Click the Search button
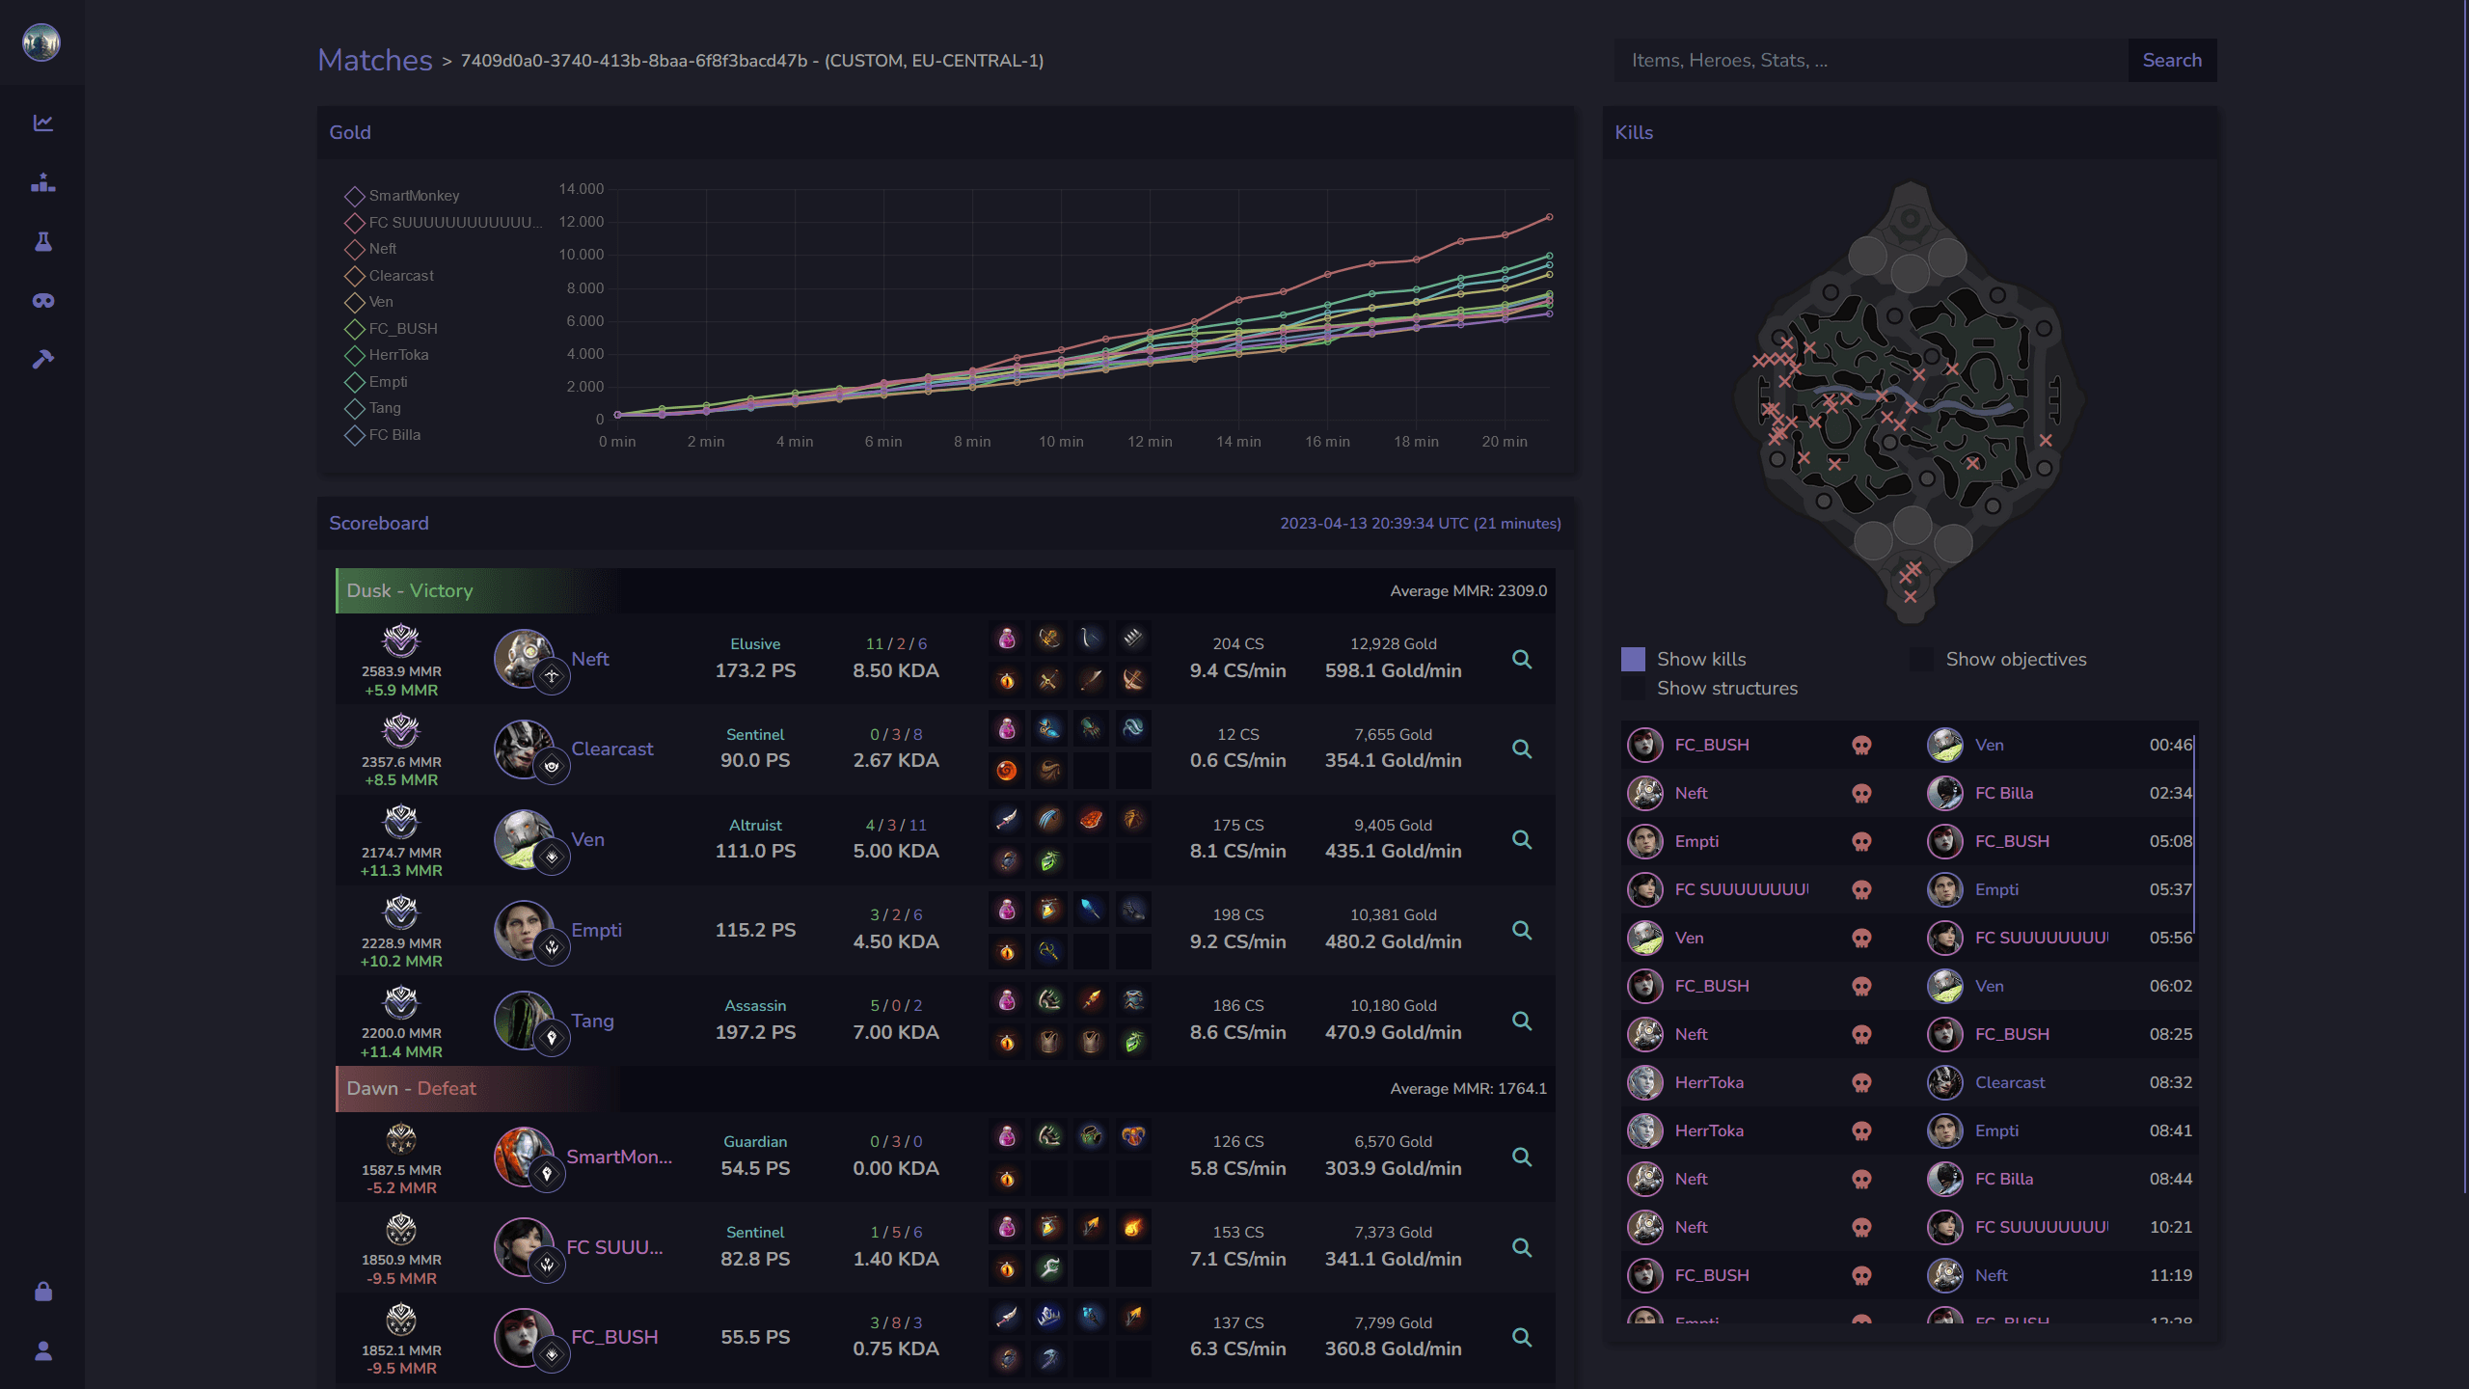pyautogui.click(x=2171, y=60)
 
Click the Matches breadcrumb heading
pyautogui.click(x=375, y=60)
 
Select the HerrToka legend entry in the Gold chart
pyautogui.click(x=397, y=355)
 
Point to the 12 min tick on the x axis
pyautogui.click(x=1150, y=442)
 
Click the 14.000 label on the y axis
pyautogui.click(x=581, y=189)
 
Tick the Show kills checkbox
pyautogui.click(x=1633, y=659)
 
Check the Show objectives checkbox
pyautogui.click(x=1921, y=659)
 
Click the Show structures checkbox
pyautogui.click(x=1633, y=688)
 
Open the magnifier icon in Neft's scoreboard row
pyautogui.click(x=1522, y=659)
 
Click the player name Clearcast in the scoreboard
pyautogui.click(x=611, y=749)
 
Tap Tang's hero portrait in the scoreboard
pyautogui.click(x=524, y=1021)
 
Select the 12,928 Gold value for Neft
pyautogui.click(x=1393, y=643)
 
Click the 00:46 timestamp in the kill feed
pyautogui.click(x=2170, y=745)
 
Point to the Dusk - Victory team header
pyautogui.click(x=410, y=590)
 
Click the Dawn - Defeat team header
pyautogui.click(x=412, y=1088)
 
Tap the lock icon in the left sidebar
pyautogui.click(x=43, y=1292)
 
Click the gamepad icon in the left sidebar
pyautogui.click(x=43, y=301)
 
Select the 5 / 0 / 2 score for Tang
pyautogui.click(x=895, y=1005)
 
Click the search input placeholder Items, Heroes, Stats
pyautogui.click(x=1729, y=60)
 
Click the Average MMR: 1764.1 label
pyautogui.click(x=1468, y=1088)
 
